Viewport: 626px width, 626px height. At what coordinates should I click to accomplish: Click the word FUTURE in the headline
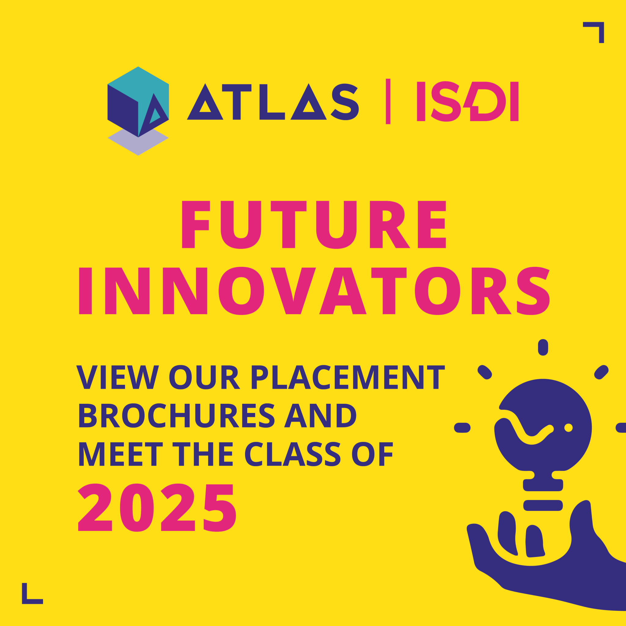click(314, 225)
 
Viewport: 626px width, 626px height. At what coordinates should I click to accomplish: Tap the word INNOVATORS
click(314, 291)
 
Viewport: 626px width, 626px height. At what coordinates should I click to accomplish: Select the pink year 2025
click(157, 508)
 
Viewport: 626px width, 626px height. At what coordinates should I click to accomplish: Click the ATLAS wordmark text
click(272, 102)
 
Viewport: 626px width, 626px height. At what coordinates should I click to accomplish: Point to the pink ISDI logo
click(467, 101)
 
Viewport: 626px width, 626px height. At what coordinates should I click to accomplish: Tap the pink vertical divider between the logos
click(388, 101)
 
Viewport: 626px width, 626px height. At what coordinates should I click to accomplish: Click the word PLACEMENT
click(348, 377)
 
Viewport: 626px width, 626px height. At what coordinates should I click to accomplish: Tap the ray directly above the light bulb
click(543, 347)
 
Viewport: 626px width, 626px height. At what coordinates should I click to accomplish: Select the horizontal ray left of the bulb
click(462, 428)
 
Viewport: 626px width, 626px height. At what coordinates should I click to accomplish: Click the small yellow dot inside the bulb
click(568, 428)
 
